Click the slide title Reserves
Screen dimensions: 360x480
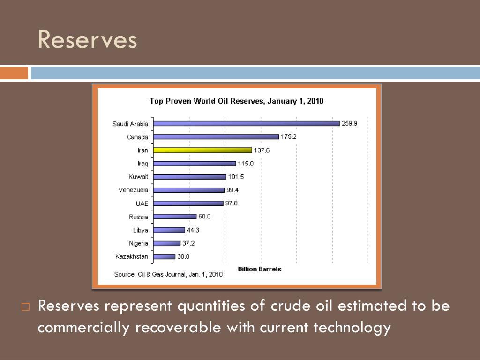point(87,39)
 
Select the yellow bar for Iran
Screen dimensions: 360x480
point(203,150)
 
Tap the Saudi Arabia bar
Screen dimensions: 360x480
point(247,124)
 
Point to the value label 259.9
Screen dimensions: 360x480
point(349,124)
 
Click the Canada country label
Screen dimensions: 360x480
point(137,137)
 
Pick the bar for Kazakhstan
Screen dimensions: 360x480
point(165,257)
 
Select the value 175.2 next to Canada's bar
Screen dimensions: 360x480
point(289,137)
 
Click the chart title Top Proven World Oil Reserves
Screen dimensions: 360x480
point(236,101)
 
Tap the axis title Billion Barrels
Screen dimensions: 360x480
point(260,269)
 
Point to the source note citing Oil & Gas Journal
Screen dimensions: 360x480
point(168,274)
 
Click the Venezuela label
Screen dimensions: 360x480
point(133,190)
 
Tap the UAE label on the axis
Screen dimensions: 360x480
point(142,203)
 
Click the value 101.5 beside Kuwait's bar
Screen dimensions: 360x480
point(236,177)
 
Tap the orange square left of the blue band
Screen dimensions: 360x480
point(14,74)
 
